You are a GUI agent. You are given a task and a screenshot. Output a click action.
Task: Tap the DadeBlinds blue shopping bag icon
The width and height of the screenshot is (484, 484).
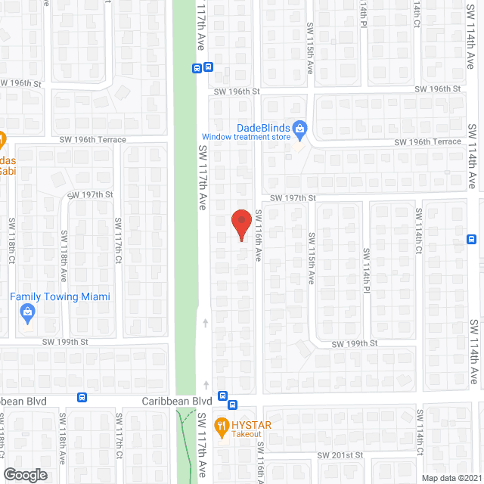point(299,129)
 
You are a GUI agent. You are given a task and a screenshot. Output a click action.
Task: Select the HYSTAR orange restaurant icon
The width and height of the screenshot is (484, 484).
point(222,427)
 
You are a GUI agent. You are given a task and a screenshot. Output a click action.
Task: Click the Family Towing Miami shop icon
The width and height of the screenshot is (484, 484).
point(27,312)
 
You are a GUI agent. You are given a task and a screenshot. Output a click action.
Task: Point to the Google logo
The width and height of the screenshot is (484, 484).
point(24,474)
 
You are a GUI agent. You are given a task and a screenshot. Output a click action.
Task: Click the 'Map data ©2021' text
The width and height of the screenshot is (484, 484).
point(450,478)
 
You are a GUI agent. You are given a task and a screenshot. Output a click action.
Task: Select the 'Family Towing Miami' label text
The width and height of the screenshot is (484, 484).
point(60,296)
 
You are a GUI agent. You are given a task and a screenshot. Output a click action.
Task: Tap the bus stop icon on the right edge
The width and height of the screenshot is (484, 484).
point(470,239)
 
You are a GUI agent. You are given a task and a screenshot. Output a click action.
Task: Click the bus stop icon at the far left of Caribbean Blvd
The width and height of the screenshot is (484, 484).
point(82,398)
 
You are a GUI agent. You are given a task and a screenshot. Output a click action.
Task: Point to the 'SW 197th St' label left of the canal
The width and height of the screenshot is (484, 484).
point(90,194)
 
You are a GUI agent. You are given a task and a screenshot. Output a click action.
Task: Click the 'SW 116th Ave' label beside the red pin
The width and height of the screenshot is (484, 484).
point(257,235)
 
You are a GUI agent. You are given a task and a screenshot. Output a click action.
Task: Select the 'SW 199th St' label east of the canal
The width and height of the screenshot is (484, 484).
point(355,343)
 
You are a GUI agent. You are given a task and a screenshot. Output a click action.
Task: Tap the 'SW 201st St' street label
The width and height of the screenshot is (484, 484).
point(340,455)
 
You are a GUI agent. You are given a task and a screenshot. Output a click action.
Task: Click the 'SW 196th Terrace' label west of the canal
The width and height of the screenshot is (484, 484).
point(95,140)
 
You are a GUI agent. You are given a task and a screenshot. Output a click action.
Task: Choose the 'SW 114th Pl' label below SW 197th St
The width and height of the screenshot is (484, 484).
point(366,270)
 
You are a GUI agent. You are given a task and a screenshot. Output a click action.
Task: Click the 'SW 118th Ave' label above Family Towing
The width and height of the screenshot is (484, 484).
point(64,256)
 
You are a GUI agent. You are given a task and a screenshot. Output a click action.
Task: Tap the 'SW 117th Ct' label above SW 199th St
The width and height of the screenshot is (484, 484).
point(118,241)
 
